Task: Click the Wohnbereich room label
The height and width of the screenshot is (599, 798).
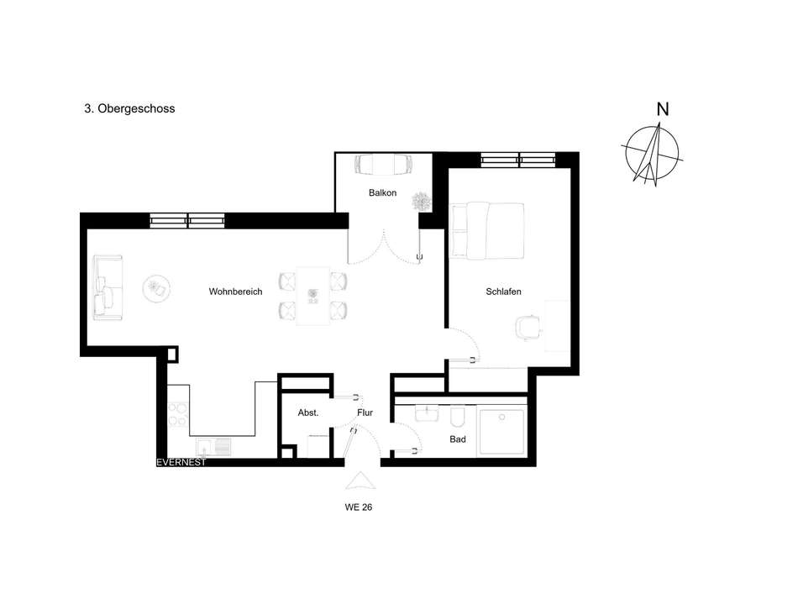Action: (x=236, y=292)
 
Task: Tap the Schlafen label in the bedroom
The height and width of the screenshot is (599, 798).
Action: (x=503, y=292)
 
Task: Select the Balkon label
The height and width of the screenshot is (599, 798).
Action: (x=383, y=193)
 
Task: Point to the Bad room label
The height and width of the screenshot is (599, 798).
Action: (x=458, y=439)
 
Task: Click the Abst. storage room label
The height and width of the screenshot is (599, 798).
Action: (x=308, y=412)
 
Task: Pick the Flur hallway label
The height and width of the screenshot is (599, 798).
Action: (x=365, y=412)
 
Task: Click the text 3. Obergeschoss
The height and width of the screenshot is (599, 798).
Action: (x=129, y=108)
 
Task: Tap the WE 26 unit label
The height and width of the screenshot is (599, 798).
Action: (x=359, y=507)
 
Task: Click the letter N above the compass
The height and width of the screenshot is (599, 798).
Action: (x=663, y=109)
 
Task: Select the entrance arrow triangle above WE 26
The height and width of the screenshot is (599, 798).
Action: (x=360, y=481)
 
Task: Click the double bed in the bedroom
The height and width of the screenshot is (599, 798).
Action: (x=487, y=231)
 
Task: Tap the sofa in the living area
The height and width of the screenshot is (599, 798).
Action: (x=108, y=287)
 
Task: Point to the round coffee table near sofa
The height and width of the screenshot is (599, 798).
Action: (x=157, y=288)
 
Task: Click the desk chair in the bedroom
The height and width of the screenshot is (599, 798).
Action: (x=528, y=327)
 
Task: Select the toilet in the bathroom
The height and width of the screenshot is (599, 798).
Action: (x=458, y=416)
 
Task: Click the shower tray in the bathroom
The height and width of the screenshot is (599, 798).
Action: (x=502, y=433)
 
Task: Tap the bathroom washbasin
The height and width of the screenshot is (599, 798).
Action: (x=427, y=413)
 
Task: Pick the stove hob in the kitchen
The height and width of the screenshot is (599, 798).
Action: (x=178, y=413)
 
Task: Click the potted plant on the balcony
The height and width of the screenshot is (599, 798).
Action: (x=421, y=201)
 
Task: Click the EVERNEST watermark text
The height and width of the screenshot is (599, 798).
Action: (x=181, y=462)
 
